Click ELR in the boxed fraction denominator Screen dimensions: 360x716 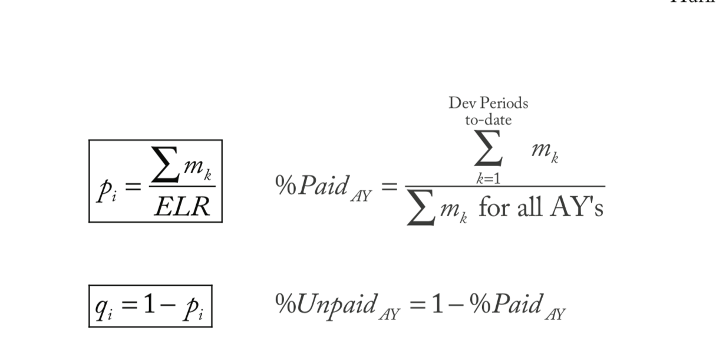click(183, 206)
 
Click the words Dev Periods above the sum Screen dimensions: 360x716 click(488, 103)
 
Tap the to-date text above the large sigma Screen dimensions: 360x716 click(488, 120)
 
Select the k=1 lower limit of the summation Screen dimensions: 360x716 click(488, 180)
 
